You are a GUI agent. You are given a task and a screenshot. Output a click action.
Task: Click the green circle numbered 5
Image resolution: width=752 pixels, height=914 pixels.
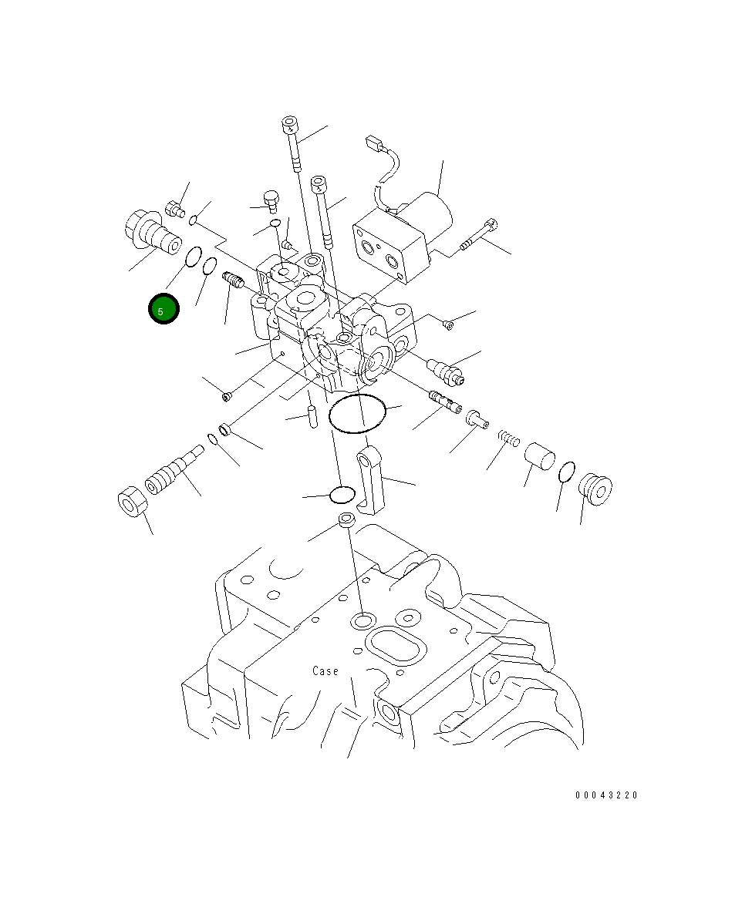[x=164, y=309]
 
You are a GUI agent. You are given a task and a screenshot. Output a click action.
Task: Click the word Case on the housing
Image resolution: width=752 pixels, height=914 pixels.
[x=325, y=671]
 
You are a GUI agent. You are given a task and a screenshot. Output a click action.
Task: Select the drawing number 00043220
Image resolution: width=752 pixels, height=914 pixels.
[x=606, y=795]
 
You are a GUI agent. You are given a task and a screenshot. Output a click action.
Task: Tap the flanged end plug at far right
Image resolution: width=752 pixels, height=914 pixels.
[x=596, y=489]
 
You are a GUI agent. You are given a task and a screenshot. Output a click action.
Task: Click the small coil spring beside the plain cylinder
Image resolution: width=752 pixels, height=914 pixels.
[x=506, y=438]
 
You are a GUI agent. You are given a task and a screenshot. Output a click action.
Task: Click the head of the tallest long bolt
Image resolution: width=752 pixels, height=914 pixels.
[x=291, y=125]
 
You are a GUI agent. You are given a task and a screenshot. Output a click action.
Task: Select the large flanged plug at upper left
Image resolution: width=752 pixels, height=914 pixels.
[x=151, y=232]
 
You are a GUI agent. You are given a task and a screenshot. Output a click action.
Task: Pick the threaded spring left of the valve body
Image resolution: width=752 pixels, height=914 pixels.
[x=233, y=281]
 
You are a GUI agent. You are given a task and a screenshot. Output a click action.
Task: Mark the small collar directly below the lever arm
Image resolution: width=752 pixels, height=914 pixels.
[x=346, y=520]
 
